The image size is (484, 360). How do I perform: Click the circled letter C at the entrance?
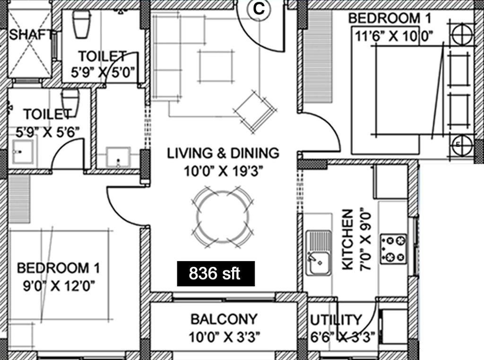pyautogui.click(x=259, y=9)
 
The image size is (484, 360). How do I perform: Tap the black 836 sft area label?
pyautogui.click(x=216, y=273)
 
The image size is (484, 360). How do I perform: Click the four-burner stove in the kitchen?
pyautogui.click(x=393, y=249)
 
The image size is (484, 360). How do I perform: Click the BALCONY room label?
pyautogui.click(x=224, y=319)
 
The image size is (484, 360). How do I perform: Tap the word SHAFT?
pyautogui.click(x=30, y=35)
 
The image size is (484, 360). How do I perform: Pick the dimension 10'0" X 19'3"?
pyautogui.click(x=223, y=171)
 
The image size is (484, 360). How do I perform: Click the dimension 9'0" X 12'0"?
pyautogui.click(x=59, y=286)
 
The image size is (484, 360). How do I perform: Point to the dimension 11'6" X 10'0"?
pyautogui.click(x=394, y=37)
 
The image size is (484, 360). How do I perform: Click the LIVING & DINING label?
pyautogui.click(x=223, y=153)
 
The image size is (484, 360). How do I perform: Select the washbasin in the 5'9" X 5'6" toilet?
pyautogui.click(x=23, y=152)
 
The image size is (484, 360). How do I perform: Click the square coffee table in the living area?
pyautogui.click(x=216, y=66)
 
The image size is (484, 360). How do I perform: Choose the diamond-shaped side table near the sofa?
pyautogui.click(x=255, y=112)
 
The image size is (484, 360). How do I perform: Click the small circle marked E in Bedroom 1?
pyautogui.click(x=462, y=144)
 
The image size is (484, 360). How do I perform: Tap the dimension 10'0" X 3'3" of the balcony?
pyautogui.click(x=225, y=337)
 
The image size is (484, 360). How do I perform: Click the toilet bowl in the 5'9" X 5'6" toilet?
pyautogui.click(x=70, y=102)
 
